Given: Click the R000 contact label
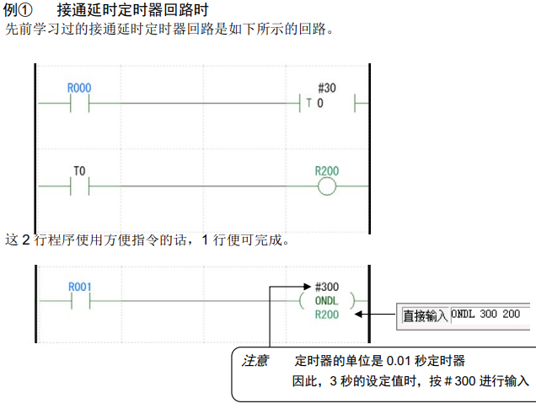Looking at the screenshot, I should [x=78, y=88].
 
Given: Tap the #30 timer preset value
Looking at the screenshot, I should [x=326, y=88].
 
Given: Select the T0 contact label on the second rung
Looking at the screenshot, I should [x=78, y=170].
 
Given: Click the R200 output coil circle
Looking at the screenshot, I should [x=326, y=185].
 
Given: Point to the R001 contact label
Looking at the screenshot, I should [x=78, y=287].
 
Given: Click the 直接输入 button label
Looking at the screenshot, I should [x=425, y=315].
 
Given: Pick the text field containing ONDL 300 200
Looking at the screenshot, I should [x=490, y=315].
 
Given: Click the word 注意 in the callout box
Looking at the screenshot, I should [x=255, y=360].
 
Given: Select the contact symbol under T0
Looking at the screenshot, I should [x=78, y=185].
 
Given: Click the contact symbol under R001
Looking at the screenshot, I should [x=78, y=300].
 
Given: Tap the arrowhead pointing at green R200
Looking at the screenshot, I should [x=361, y=315].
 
